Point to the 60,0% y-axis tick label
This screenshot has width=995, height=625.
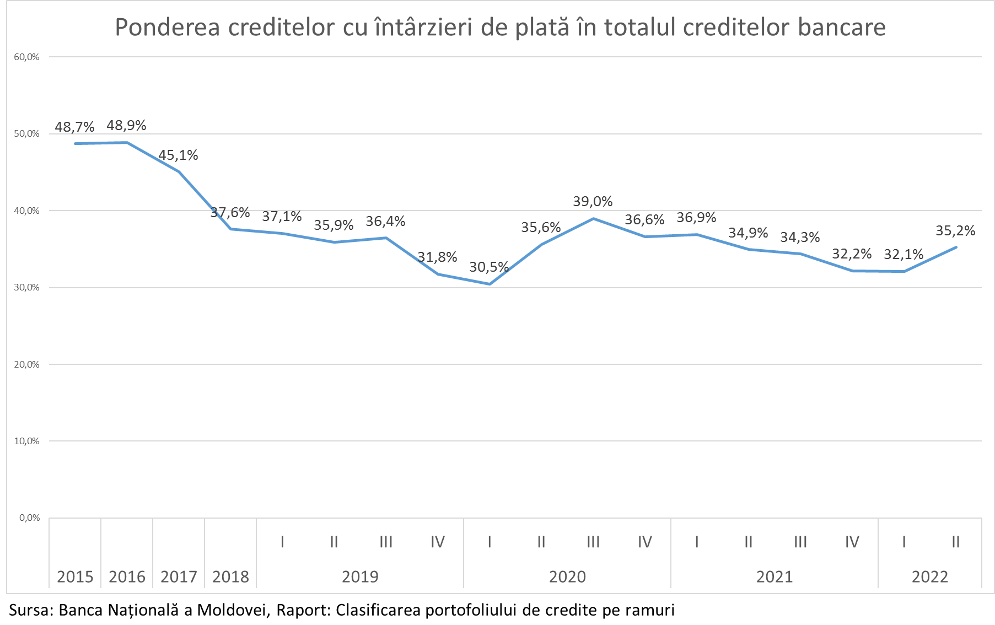(26, 57)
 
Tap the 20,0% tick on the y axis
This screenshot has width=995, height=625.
(26, 364)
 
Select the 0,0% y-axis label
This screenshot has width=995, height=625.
(29, 518)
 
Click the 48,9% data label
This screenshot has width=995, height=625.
(126, 126)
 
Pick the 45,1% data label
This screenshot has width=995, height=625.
(178, 155)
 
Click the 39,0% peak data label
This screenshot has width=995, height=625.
(593, 202)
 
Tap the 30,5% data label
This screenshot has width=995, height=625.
(489, 267)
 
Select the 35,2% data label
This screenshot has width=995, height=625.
(955, 231)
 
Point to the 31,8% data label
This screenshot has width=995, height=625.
(437, 257)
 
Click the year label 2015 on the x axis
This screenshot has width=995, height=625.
(75, 577)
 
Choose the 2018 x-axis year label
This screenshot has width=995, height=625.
(230, 577)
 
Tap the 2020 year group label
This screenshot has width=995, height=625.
(567, 577)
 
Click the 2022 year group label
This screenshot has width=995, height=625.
(930, 577)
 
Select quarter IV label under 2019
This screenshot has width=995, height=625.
(438, 542)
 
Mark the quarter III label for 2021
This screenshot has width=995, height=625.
(800, 542)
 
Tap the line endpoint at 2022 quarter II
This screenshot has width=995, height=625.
(956, 247)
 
